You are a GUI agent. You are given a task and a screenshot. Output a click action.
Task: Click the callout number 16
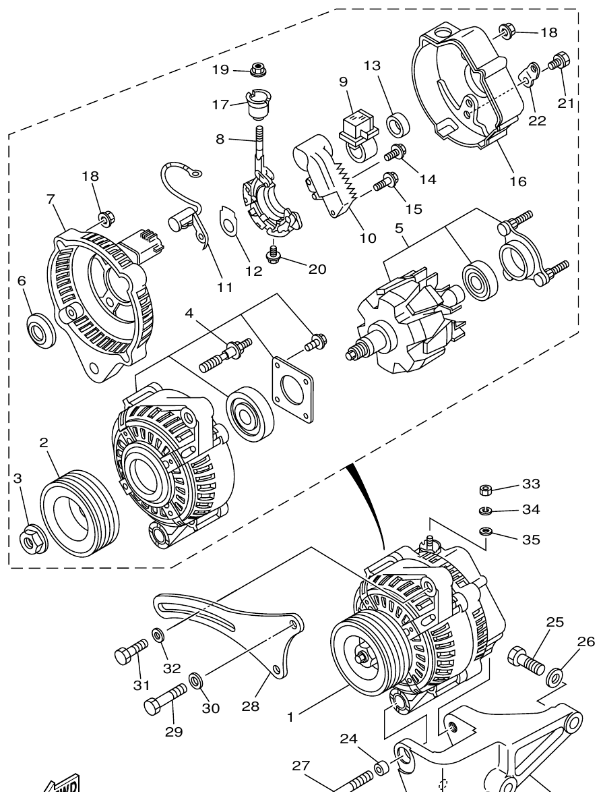[517, 181]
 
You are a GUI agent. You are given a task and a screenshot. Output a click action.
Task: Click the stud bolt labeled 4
[226, 355]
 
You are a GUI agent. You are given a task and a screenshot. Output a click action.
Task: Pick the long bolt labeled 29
[165, 700]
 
